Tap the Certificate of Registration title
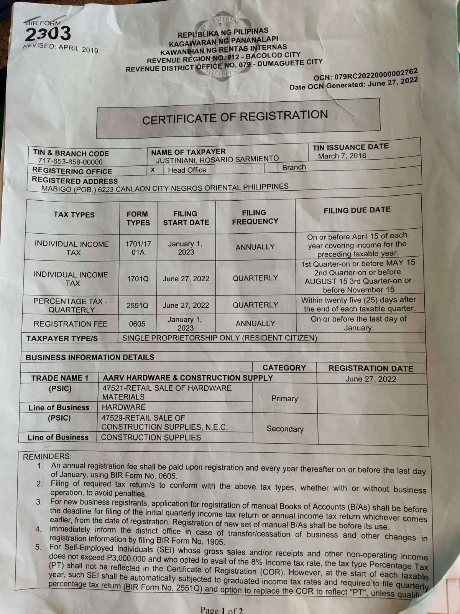(x=235, y=117)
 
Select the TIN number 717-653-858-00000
(x=70, y=162)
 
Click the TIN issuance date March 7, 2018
(x=342, y=156)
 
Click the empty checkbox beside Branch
(x=271, y=168)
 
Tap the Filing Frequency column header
(x=255, y=217)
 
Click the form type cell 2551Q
(x=137, y=305)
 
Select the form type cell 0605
(x=137, y=324)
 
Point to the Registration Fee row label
(x=71, y=324)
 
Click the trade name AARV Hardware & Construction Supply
(x=188, y=378)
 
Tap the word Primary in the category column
(x=284, y=399)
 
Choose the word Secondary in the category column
(x=285, y=429)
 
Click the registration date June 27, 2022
(x=371, y=379)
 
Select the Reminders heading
(x=47, y=457)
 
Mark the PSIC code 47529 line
(x=143, y=418)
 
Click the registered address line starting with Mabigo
(x=165, y=188)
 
